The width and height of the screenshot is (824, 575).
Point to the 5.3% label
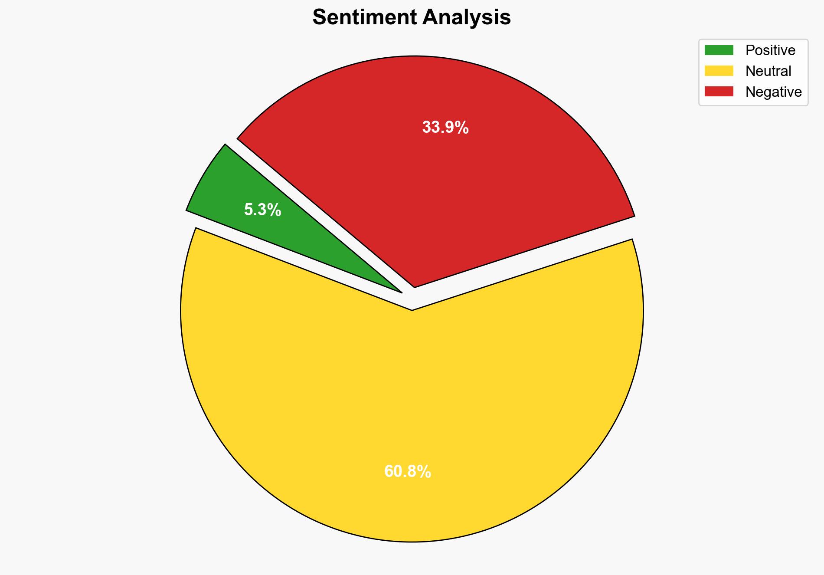[x=262, y=210]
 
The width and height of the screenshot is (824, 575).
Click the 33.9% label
[x=445, y=128]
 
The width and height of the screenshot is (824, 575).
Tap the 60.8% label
[x=408, y=471]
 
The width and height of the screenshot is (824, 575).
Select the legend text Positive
[x=770, y=50]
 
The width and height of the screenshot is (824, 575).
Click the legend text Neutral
[x=768, y=71]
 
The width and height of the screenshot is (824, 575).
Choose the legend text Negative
[x=773, y=92]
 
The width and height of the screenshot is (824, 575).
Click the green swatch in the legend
[x=719, y=50]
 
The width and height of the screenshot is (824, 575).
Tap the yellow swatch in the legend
[x=719, y=71]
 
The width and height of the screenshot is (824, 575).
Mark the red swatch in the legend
[x=719, y=92]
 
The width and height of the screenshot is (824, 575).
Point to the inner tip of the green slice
[x=401, y=292]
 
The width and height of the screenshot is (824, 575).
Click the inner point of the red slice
[x=415, y=286]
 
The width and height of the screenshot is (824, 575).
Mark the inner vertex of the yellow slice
[x=412, y=310]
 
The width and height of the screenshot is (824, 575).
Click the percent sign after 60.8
[x=424, y=471]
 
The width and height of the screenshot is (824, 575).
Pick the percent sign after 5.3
[x=274, y=210]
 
